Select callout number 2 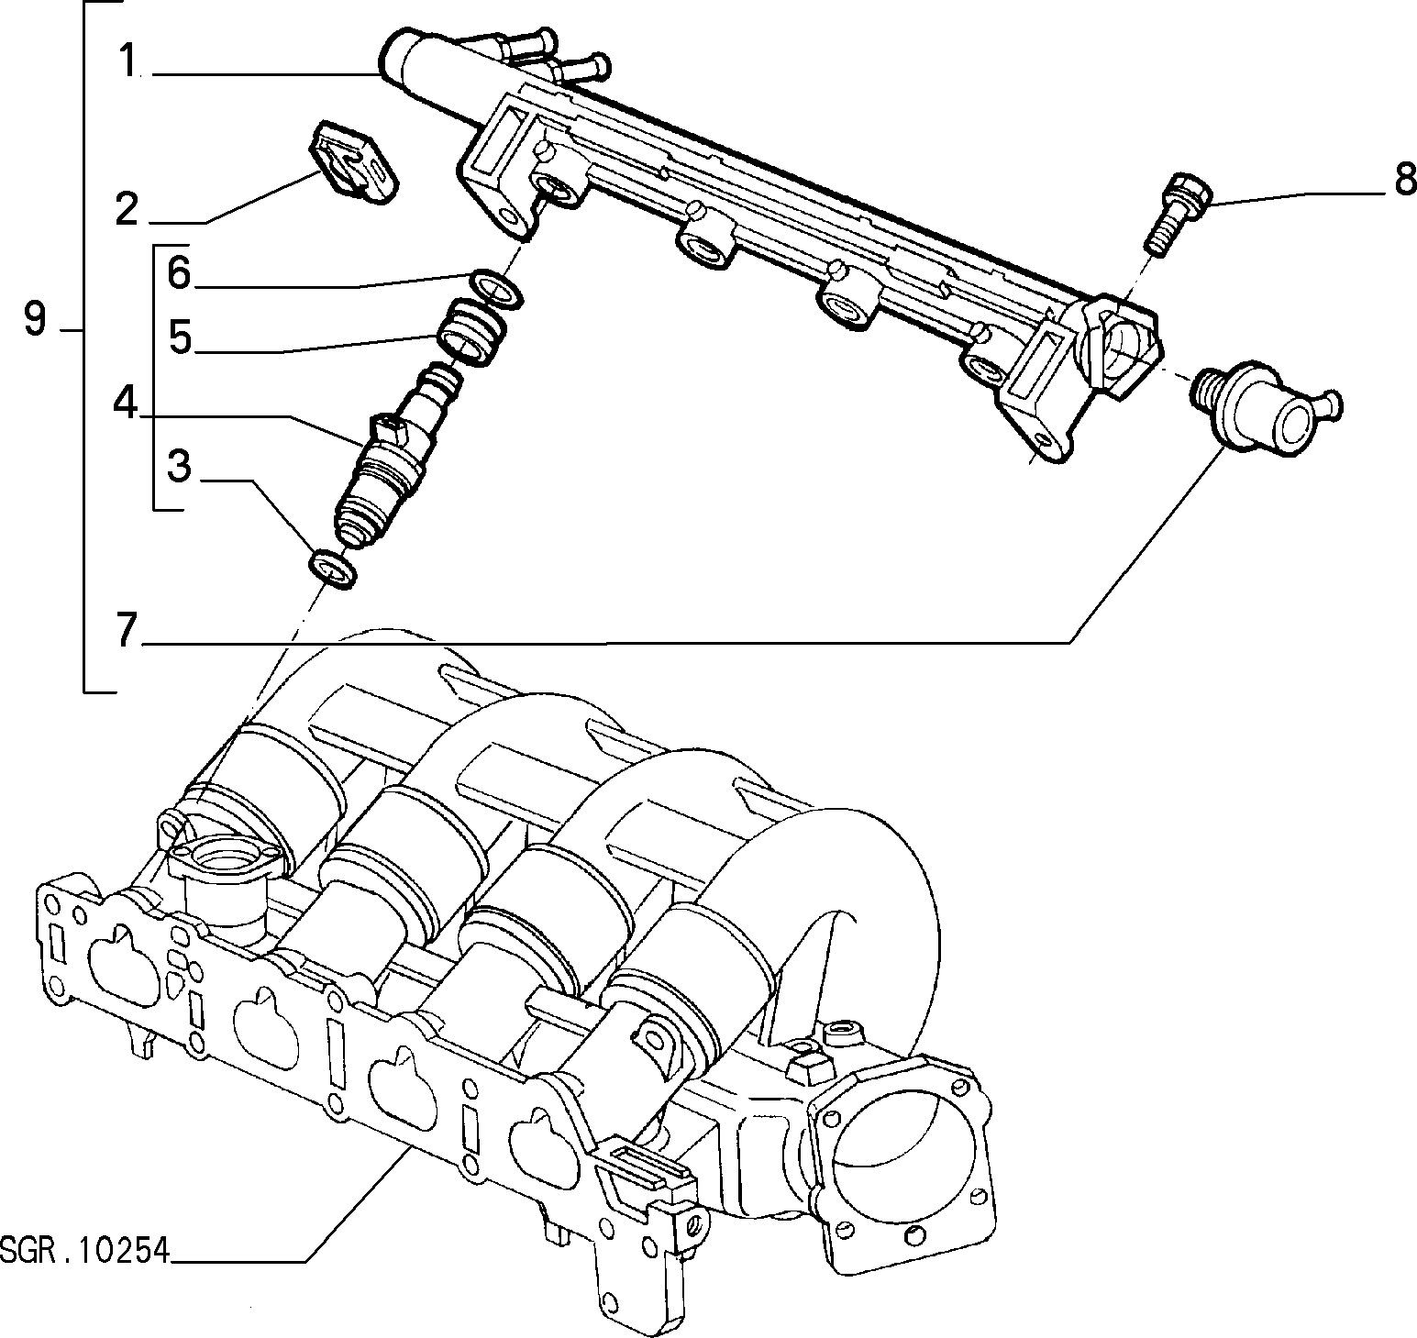[127, 208]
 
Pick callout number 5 [179, 338]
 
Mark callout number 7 [127, 629]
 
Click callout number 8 [1404, 181]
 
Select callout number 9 [34, 319]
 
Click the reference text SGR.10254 [85, 1251]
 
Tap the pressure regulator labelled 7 [1268, 405]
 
